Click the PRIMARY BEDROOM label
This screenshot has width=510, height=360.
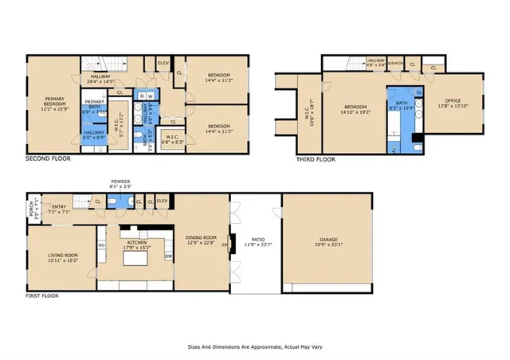pos(54,100)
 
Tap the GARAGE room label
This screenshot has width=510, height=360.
pos(328,242)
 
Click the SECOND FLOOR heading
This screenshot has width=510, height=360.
pos(48,158)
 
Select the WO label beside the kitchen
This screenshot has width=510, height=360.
pos(101,245)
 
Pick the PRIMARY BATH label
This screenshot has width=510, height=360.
pos(95,104)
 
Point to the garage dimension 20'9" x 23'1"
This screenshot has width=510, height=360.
pos(328,248)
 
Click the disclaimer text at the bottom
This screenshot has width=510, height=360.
pos(254,347)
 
